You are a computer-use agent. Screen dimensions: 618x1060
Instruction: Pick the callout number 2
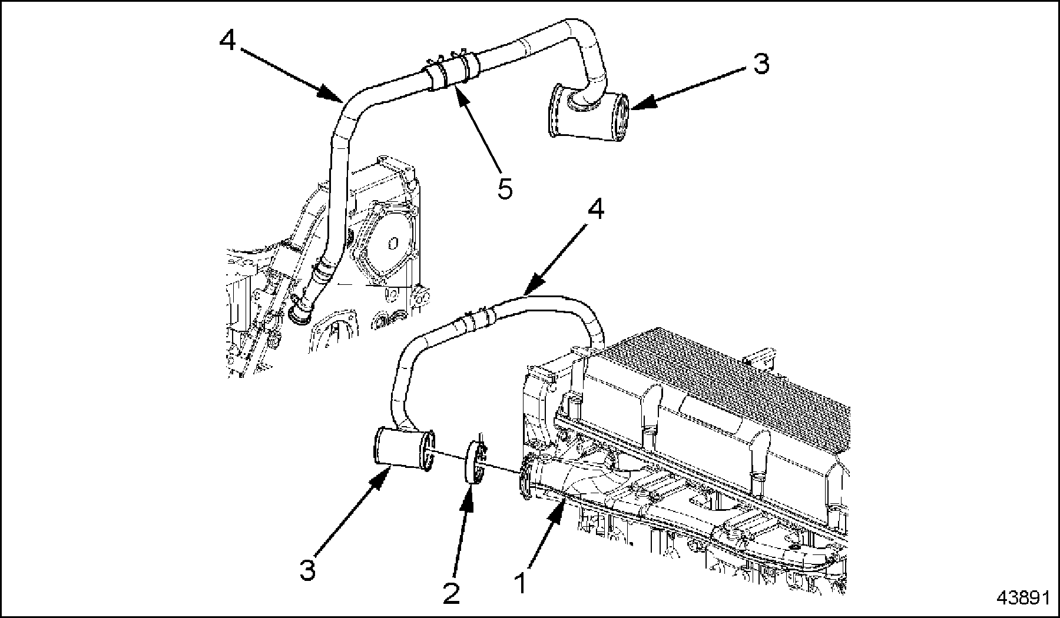tap(450, 593)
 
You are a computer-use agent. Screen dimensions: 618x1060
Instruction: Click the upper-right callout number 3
tap(761, 64)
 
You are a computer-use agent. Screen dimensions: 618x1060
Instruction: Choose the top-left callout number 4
tap(228, 41)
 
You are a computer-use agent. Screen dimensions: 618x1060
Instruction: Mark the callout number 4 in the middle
tap(597, 210)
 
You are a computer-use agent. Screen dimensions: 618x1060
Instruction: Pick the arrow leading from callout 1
tap(545, 535)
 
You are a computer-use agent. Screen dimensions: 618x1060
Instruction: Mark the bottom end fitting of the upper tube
tap(301, 312)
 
